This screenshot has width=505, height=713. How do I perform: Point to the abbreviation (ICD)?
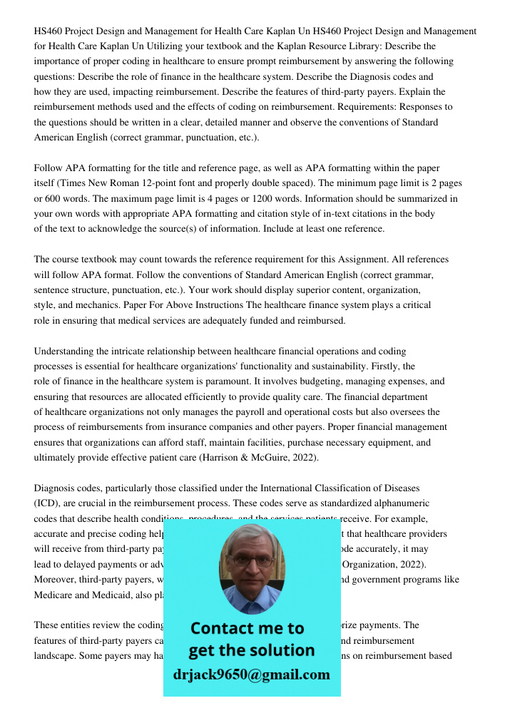click(47, 503)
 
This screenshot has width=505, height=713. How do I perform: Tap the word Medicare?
click(55, 595)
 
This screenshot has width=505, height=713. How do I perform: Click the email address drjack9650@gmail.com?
click(252, 674)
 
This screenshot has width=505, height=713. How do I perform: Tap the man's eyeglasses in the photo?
click(252, 560)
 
